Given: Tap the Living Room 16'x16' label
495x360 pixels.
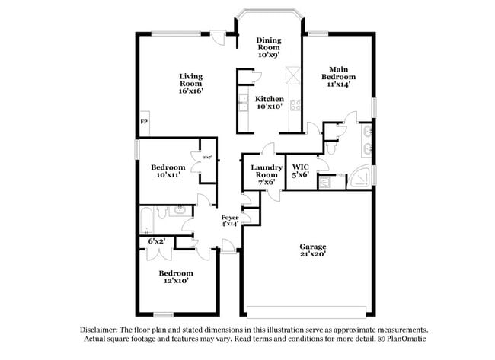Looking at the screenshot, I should click(x=191, y=83).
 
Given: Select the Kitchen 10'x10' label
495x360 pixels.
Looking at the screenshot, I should click(x=269, y=103).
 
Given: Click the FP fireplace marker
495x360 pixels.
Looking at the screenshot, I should click(x=143, y=122).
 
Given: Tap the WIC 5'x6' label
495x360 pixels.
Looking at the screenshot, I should click(x=300, y=170).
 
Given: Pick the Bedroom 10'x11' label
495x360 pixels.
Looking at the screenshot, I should click(x=168, y=171).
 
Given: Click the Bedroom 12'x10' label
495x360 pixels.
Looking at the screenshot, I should click(x=175, y=276).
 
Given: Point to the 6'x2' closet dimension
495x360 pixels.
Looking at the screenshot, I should click(x=157, y=241).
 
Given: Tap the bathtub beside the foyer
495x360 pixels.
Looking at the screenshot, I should click(x=147, y=219).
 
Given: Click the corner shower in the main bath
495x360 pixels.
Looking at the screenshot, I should click(x=359, y=180).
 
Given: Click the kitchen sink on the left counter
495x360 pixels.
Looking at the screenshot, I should click(x=244, y=103).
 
